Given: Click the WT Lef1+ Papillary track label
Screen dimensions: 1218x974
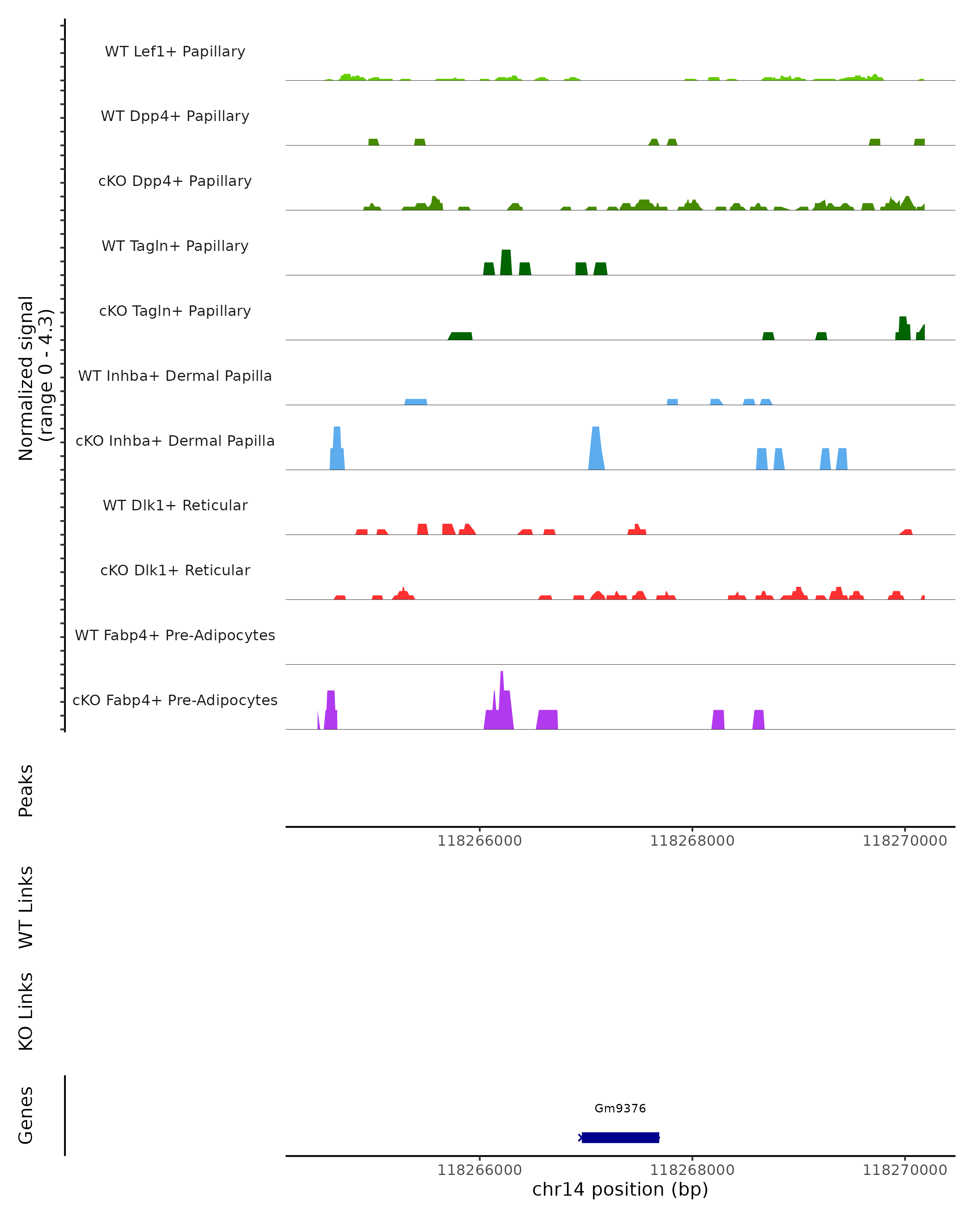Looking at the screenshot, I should [x=175, y=52].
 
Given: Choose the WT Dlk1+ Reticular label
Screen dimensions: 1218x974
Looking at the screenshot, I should [x=175, y=505].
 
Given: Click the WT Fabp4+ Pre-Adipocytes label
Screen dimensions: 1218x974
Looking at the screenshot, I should [x=175, y=635].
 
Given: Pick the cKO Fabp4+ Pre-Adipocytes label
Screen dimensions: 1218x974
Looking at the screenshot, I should [x=175, y=700].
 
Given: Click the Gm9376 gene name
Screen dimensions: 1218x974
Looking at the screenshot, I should [x=620, y=1108].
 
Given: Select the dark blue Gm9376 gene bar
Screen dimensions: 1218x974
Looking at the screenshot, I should [x=621, y=1137].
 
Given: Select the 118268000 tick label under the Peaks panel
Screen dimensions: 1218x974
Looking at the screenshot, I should [x=692, y=841].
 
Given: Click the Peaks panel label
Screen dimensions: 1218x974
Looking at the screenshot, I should [x=26, y=790].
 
